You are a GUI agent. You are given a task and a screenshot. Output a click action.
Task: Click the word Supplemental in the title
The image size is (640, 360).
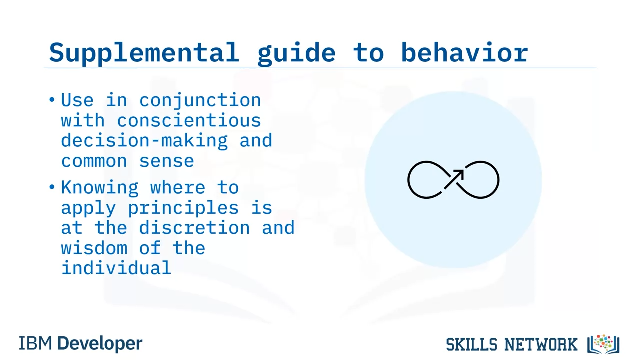(x=144, y=53)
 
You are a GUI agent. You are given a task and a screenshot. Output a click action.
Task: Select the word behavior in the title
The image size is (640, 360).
(x=465, y=52)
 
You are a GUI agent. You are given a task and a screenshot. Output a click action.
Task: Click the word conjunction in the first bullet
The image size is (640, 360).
(x=200, y=101)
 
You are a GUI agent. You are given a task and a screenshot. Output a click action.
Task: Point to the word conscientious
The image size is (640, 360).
(x=189, y=120)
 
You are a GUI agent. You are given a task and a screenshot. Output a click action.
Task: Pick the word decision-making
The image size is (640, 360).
(x=144, y=141)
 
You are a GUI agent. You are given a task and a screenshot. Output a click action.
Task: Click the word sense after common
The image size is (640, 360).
(x=167, y=161)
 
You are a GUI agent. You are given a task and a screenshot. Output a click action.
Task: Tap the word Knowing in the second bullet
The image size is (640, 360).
(x=100, y=188)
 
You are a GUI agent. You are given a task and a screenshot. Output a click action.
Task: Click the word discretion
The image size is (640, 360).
(x=194, y=228)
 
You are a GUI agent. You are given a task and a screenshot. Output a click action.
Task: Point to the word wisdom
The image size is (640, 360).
(x=94, y=248)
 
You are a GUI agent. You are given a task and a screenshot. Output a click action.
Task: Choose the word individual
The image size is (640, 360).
(x=116, y=268)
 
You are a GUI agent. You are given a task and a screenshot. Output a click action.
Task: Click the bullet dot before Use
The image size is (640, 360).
(x=52, y=100)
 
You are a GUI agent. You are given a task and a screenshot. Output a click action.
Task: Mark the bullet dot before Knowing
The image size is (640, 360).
(x=52, y=187)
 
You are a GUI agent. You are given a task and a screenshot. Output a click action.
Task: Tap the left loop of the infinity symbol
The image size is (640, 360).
(x=408, y=180)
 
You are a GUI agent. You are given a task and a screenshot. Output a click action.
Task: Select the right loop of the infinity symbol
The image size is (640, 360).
(x=498, y=180)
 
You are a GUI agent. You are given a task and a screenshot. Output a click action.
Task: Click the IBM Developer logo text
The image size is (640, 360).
(x=80, y=343)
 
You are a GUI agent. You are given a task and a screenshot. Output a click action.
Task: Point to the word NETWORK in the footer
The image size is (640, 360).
(x=541, y=345)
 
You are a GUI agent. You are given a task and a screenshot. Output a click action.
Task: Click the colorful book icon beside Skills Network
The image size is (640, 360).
(x=603, y=344)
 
